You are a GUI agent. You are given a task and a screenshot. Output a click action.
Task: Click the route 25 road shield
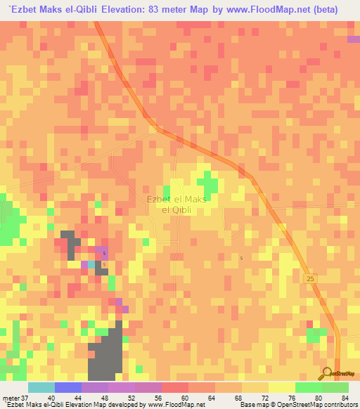coord(310,279)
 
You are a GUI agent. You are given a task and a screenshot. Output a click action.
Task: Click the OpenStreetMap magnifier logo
coord(328,374)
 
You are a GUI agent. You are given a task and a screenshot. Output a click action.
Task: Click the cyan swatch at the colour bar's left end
coord(41,387)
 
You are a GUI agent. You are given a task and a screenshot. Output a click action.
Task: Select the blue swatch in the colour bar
coord(67,387)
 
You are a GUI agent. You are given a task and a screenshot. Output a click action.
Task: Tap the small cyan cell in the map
coord(91,264)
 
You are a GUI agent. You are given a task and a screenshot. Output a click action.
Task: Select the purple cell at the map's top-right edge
coord(353,39)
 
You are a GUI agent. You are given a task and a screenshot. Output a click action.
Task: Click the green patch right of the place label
coord(207,184)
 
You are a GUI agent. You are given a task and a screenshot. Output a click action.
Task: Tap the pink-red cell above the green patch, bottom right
coord(309,323)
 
